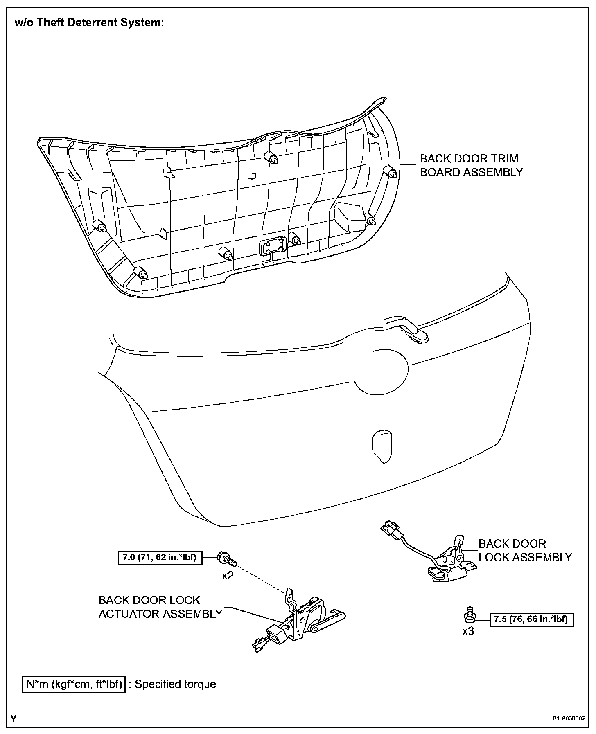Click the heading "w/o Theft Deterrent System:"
89,23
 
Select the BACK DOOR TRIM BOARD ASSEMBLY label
471,165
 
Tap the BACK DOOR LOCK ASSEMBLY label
525,550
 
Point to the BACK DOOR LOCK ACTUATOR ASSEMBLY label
160,607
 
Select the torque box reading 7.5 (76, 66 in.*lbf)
531,619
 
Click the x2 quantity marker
228,576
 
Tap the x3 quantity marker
468,631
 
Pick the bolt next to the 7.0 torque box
225,558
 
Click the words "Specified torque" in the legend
175,684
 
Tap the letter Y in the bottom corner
14,719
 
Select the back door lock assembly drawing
450,562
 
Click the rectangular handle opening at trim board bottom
272,246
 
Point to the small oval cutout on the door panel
381,446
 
